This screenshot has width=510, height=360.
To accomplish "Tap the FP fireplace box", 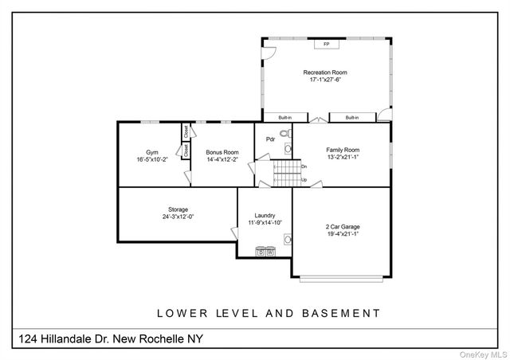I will [327, 44].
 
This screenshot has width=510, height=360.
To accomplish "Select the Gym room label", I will [151, 152].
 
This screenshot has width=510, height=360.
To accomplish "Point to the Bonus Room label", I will [222, 152].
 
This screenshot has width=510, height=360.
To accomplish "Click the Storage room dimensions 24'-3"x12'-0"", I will [155, 216].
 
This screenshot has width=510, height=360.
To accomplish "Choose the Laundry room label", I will [265, 215].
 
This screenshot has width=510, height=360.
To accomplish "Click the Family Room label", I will [343, 150].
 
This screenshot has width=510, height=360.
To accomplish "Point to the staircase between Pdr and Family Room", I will [285, 171].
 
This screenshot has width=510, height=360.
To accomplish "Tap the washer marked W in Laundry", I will [269, 252].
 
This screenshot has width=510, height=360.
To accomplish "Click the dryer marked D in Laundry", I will [260, 252].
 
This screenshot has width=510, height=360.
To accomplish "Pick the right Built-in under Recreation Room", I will [351, 118].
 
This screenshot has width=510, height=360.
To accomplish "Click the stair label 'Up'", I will [304, 179].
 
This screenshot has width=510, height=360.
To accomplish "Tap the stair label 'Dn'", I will [304, 166].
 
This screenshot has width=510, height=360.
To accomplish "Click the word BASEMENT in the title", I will [339, 313].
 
